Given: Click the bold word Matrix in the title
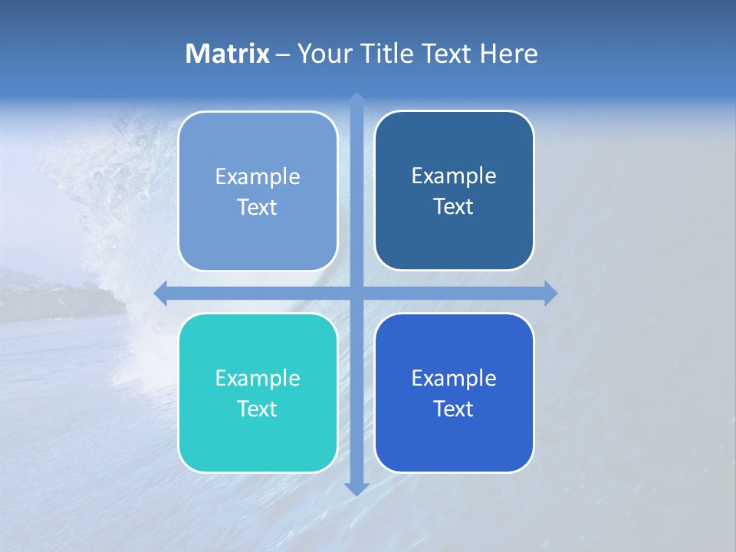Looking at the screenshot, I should pos(227,54).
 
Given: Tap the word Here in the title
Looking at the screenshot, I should pos(508,54).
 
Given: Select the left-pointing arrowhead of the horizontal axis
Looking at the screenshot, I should pos(161,293).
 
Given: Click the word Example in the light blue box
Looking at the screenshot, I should pos(258,177).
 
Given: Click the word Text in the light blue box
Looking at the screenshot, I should pos(258,208).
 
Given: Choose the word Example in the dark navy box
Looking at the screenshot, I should pos(454,176).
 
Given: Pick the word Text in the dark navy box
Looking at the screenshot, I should pos(454,207).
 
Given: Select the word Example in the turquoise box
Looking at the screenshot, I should pos(258,379).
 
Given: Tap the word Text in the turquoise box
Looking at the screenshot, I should pos(258,409).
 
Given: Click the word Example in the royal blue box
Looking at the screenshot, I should pos(454,379).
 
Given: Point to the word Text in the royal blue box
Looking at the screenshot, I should pos(454,409).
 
